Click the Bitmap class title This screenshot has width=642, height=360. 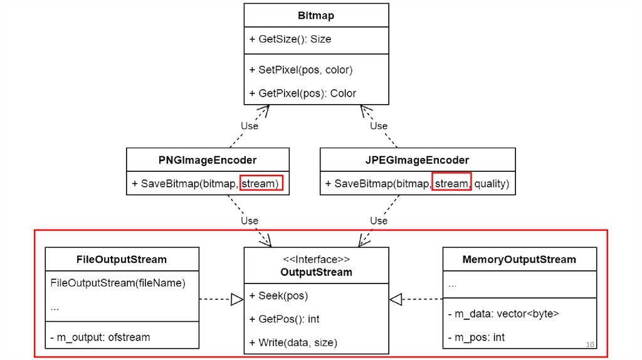(x=316, y=14)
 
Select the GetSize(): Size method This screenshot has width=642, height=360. (x=290, y=39)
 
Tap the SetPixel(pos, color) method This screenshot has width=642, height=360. (x=300, y=70)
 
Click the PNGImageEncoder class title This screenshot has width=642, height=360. (x=208, y=160)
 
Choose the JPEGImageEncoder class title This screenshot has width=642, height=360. (x=417, y=160)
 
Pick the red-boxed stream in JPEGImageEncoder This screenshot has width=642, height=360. (x=451, y=184)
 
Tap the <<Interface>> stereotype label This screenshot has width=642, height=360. (x=316, y=259)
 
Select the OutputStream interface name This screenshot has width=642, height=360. (x=316, y=272)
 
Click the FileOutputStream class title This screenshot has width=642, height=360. (x=122, y=259)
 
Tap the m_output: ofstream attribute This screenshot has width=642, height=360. (x=100, y=337)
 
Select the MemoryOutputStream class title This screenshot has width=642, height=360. (x=519, y=259)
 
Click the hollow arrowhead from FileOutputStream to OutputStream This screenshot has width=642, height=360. (x=236, y=300)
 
